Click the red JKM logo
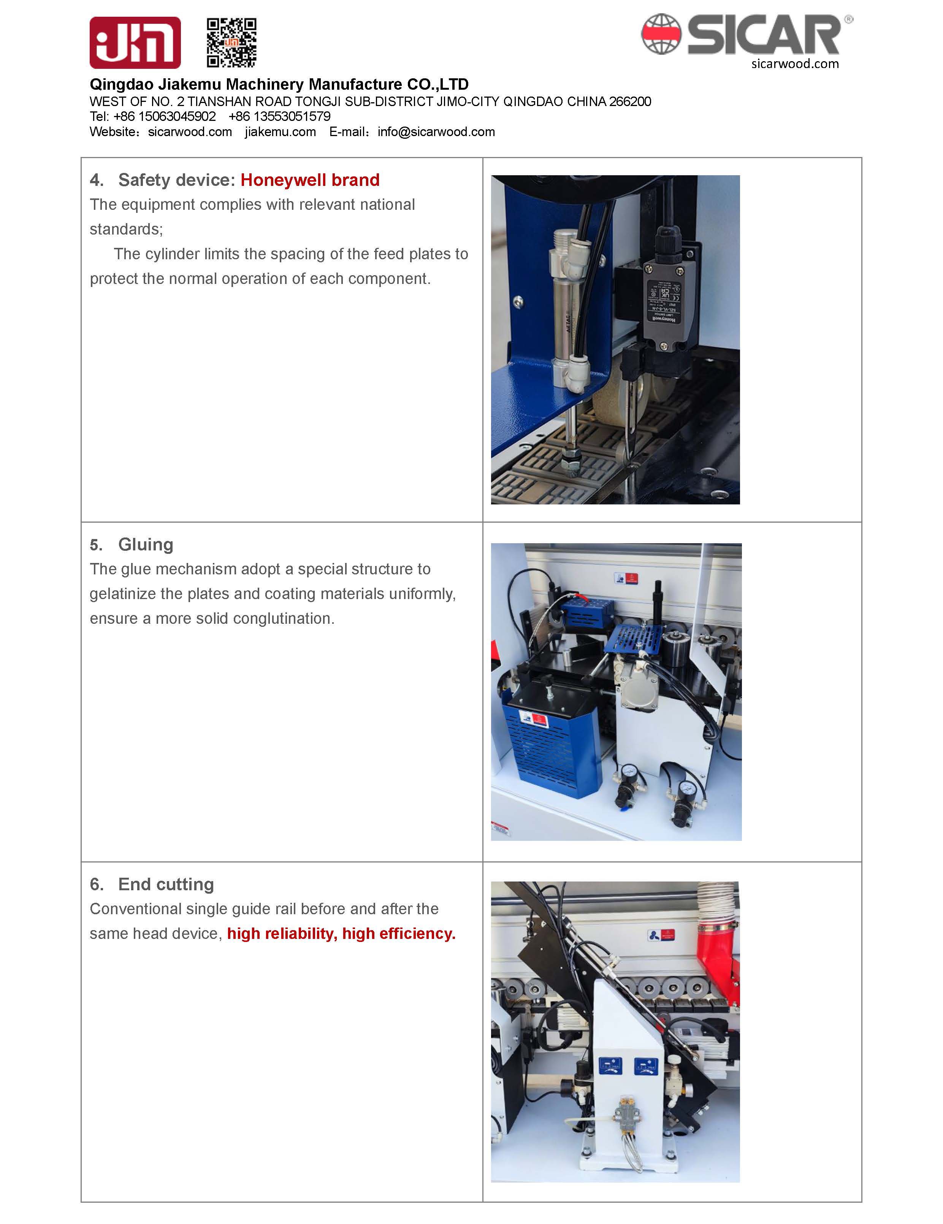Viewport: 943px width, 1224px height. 135,43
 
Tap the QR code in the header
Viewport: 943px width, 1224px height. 231,43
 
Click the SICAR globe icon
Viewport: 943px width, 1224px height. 661,34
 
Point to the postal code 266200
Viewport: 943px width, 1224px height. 630,101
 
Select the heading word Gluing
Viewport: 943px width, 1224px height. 146,545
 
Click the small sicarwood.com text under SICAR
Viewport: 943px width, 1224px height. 795,64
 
